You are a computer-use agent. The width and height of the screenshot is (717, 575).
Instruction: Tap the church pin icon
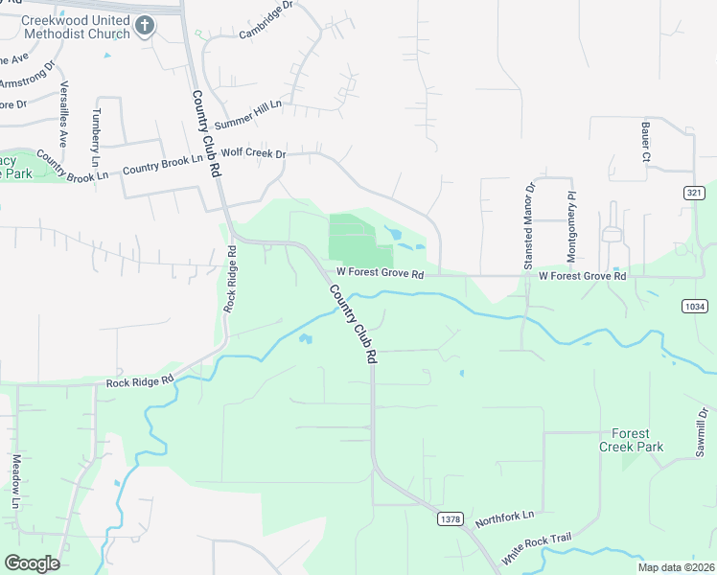click(144, 26)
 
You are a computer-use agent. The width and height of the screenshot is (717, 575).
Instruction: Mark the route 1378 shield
click(449, 518)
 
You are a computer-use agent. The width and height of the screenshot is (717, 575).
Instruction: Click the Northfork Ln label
click(503, 516)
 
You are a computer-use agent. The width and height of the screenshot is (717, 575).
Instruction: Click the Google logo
click(32, 563)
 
